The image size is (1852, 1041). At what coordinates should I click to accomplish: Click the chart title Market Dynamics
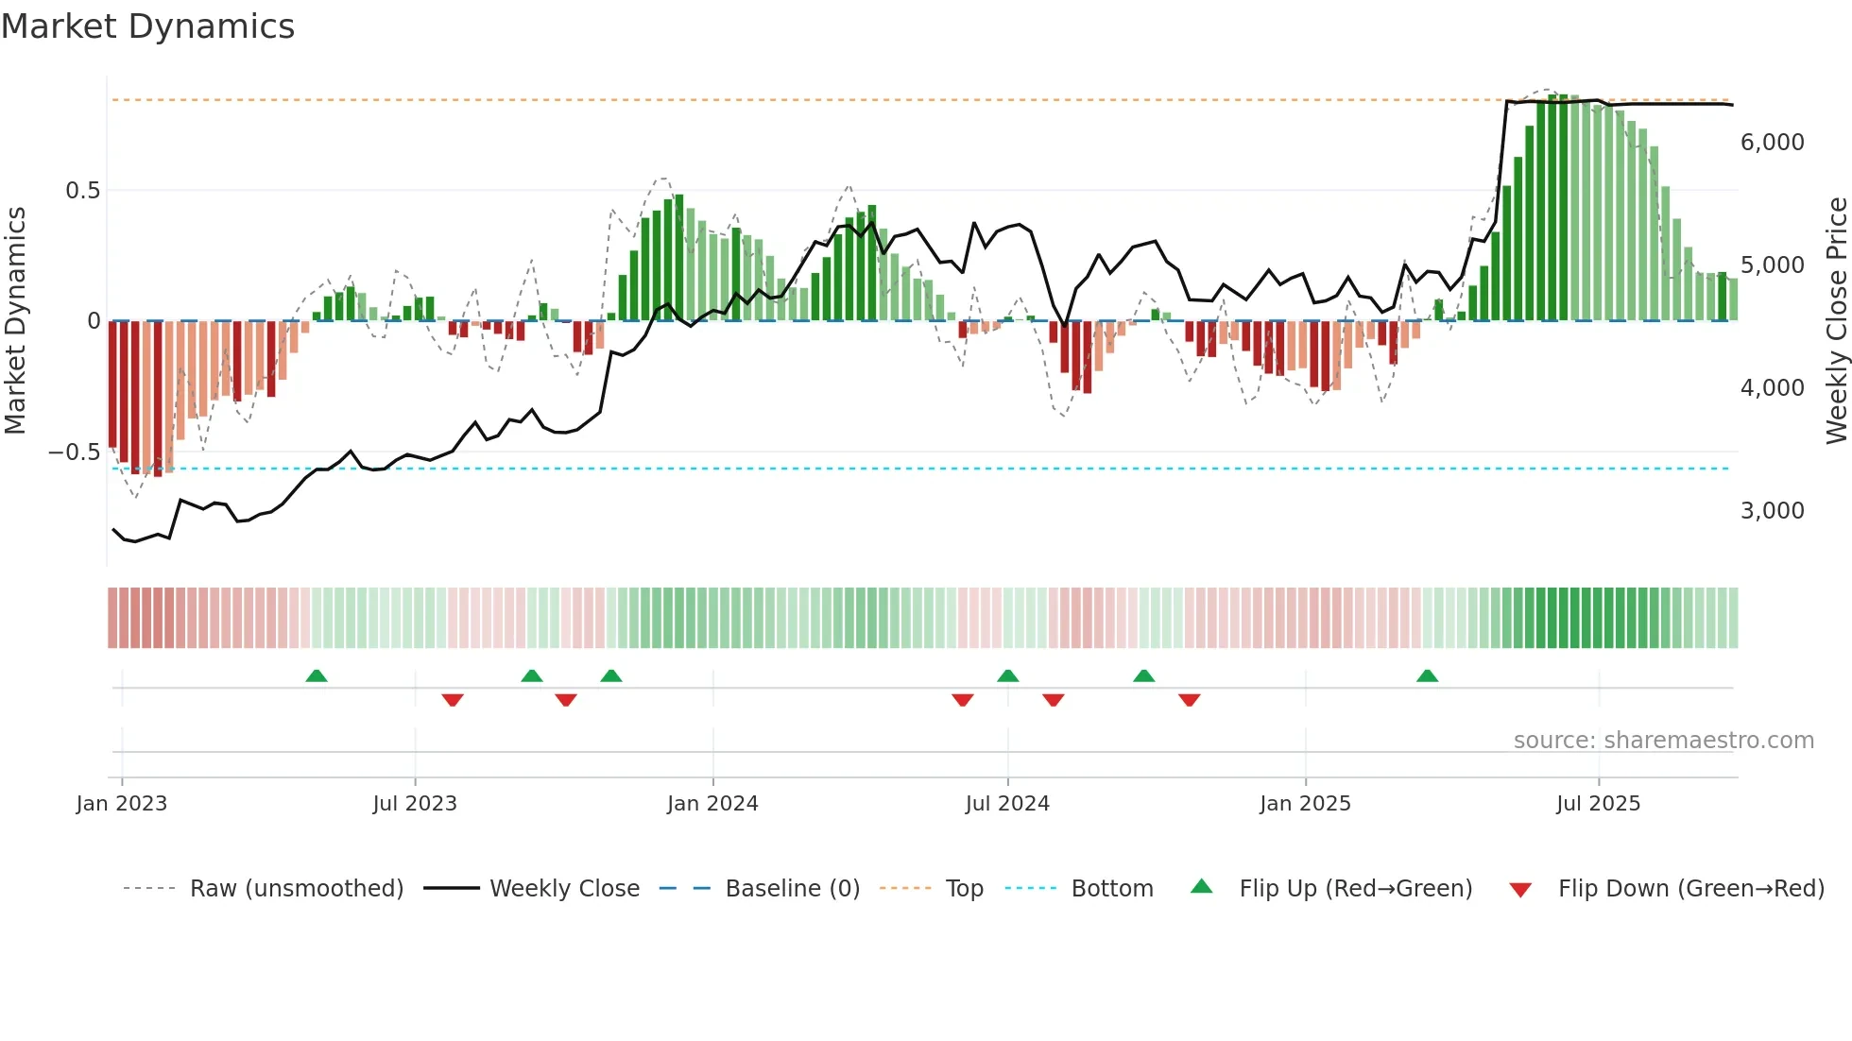pyautogui.click(x=148, y=26)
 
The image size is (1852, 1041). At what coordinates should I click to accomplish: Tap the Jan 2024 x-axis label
pyautogui.click(x=712, y=804)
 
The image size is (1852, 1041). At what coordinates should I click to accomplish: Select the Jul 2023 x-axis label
pyautogui.click(x=415, y=804)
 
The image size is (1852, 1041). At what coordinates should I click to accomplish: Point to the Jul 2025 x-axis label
pyautogui.click(x=1599, y=804)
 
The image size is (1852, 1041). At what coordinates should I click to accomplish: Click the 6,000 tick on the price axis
pyautogui.click(x=1773, y=143)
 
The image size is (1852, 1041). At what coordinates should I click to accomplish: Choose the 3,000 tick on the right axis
pyautogui.click(x=1773, y=511)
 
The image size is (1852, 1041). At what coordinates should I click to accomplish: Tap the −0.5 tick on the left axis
pyautogui.click(x=74, y=452)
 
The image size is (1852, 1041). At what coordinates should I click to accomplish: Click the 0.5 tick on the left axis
pyautogui.click(x=82, y=191)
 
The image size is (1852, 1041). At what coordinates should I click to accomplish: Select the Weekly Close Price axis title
pyautogui.click(x=1836, y=321)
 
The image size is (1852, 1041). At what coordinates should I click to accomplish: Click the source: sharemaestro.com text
pyautogui.click(x=1664, y=741)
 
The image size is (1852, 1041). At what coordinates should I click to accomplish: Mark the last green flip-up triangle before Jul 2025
pyautogui.click(x=1427, y=676)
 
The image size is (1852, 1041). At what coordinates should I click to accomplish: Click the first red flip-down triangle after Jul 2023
pyautogui.click(x=453, y=700)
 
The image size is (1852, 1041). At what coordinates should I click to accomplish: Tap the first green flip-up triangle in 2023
pyautogui.click(x=317, y=676)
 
